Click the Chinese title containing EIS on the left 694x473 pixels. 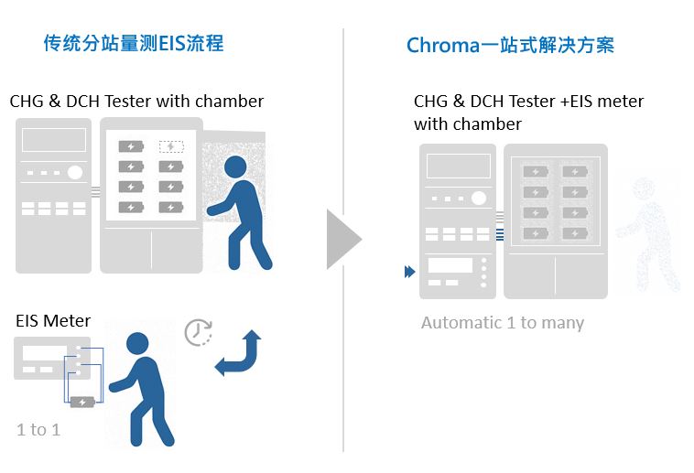pos(134,43)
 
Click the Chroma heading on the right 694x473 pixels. pos(510,45)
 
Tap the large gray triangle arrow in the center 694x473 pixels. pos(342,239)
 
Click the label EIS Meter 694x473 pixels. pos(53,320)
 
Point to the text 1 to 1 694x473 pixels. pos(38,429)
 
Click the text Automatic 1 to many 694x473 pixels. pos(502,322)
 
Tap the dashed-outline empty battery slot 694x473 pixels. pos(170,146)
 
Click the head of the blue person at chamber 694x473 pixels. pos(235,167)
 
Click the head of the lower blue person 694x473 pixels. pos(136,344)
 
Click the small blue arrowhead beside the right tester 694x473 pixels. pos(408,272)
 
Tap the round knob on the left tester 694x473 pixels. pos(75,172)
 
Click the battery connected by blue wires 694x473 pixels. pos(82,402)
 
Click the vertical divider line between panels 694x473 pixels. pos(343,238)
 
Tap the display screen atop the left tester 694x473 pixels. pos(54,140)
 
